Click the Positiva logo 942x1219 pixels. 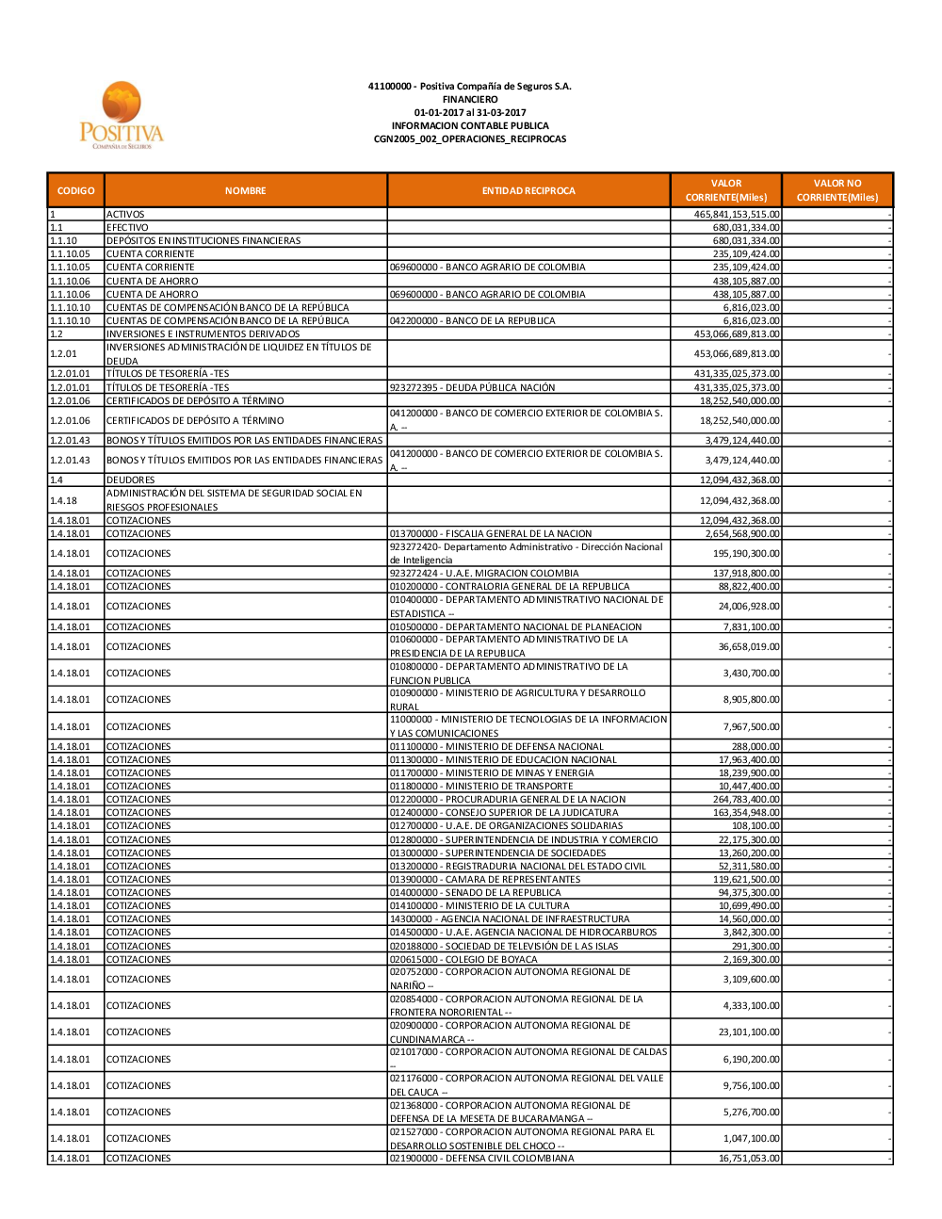121,116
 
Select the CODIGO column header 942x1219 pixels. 75,190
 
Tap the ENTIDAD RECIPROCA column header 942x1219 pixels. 528,190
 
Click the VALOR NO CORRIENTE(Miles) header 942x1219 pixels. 836,190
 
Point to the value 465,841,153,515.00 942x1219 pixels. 737,215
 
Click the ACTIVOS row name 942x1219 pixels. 125,215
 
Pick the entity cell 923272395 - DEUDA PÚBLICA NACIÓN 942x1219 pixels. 472,388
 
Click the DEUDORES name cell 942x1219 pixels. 131,480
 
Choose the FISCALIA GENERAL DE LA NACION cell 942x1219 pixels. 491,534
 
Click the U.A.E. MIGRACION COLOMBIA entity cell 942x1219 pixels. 484,574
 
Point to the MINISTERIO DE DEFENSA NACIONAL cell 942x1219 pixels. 496,747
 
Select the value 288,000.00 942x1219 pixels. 755,747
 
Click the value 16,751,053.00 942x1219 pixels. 749,1159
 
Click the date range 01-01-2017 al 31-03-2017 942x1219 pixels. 470,113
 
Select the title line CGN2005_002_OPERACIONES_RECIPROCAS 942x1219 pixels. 470,139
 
